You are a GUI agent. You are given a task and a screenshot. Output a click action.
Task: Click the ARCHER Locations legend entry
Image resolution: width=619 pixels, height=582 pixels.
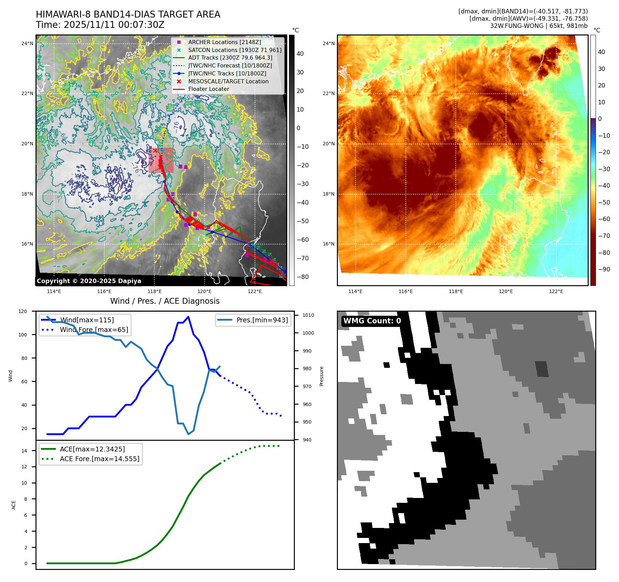[x=224, y=42]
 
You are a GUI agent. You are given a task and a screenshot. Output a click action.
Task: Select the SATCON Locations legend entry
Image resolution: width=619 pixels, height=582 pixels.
[x=235, y=50]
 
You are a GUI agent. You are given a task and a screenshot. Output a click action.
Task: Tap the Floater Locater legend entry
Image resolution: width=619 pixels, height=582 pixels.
[x=208, y=89]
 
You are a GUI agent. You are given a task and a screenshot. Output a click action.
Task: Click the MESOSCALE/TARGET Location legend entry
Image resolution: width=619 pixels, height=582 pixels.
[x=228, y=81]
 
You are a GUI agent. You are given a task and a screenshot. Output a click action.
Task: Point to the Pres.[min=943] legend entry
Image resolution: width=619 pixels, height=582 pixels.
[x=262, y=320]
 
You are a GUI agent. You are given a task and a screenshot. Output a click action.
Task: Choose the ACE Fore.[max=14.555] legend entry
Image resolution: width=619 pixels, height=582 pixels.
[x=99, y=459]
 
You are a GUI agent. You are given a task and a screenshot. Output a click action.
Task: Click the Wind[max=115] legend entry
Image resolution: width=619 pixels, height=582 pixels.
[x=86, y=320]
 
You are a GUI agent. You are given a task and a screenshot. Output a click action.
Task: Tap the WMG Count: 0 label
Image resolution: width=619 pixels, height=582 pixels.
[x=372, y=321]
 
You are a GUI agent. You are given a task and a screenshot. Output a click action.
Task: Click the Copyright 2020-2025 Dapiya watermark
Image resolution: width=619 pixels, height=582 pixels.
[x=89, y=281]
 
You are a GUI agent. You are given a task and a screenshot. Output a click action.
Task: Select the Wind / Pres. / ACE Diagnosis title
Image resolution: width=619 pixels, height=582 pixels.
[x=165, y=301]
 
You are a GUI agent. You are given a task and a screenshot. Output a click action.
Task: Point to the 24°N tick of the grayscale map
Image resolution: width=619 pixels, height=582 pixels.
[x=27, y=43]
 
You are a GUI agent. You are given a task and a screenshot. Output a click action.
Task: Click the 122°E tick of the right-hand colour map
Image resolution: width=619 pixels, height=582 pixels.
[x=556, y=291]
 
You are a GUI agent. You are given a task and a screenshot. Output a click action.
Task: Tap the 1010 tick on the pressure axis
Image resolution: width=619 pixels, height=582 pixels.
[x=308, y=315]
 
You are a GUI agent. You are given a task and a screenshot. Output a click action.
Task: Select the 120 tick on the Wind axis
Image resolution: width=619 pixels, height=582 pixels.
[x=23, y=311]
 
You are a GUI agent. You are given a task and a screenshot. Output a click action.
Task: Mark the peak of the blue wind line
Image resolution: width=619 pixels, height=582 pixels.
[x=188, y=316]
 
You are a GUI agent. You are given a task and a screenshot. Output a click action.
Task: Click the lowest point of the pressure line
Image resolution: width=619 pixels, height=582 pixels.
[x=188, y=434]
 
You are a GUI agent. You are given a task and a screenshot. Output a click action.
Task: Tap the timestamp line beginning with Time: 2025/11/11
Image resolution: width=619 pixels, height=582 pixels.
[x=100, y=25]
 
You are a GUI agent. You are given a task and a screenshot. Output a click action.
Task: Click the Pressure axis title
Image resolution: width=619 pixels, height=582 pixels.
[x=321, y=376]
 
